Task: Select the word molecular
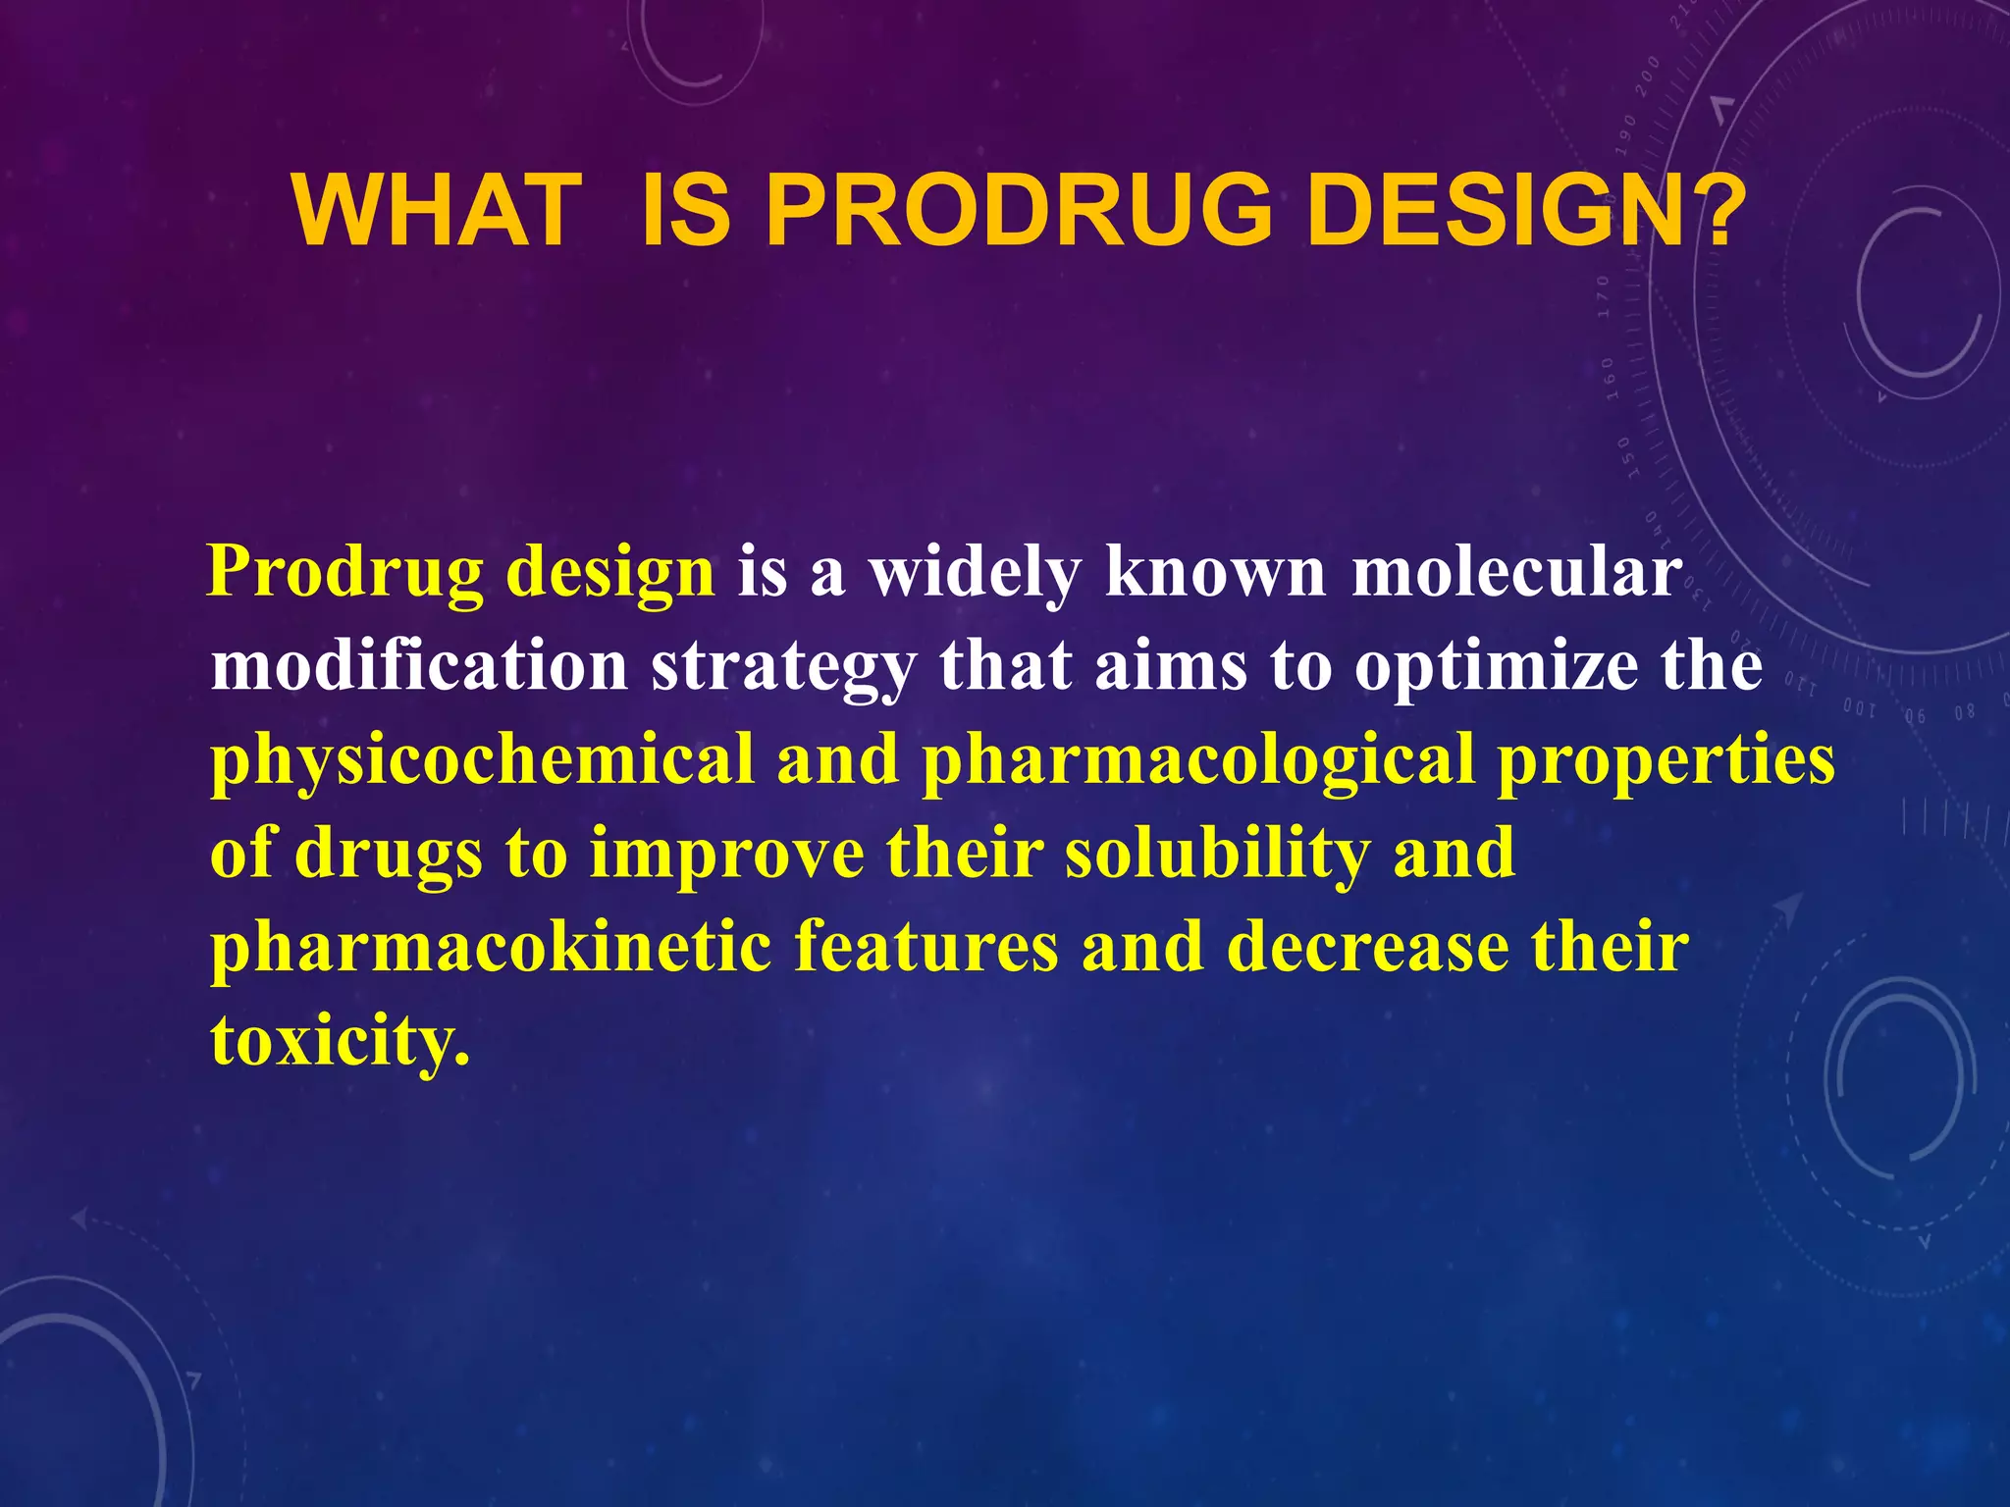[1516, 572]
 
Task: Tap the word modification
[419, 666]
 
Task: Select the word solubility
[1217, 855]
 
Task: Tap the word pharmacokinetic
[491, 949]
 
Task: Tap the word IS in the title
[685, 211]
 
